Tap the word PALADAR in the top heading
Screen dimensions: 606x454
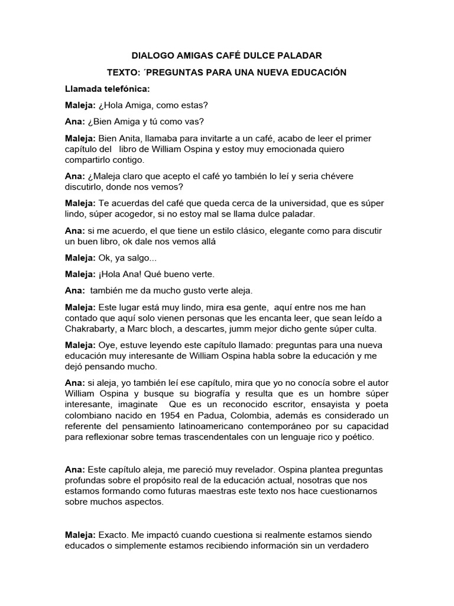(x=300, y=56)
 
